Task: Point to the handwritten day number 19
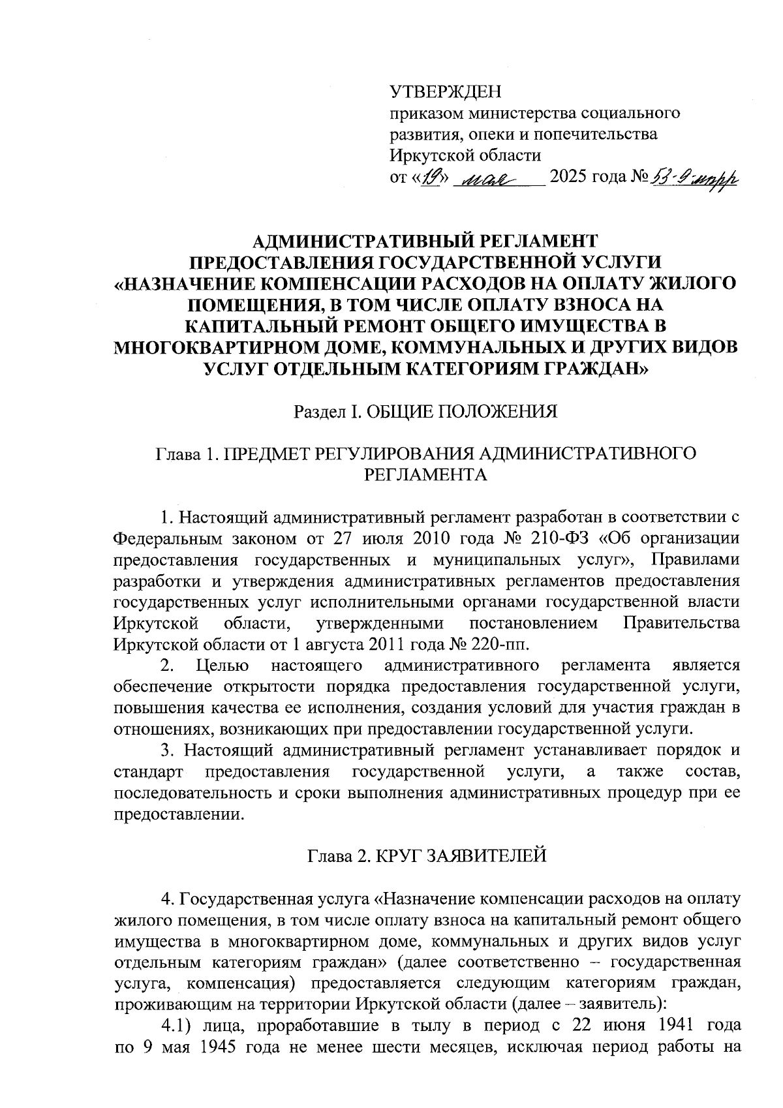click(431, 176)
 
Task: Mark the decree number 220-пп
click(503, 644)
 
